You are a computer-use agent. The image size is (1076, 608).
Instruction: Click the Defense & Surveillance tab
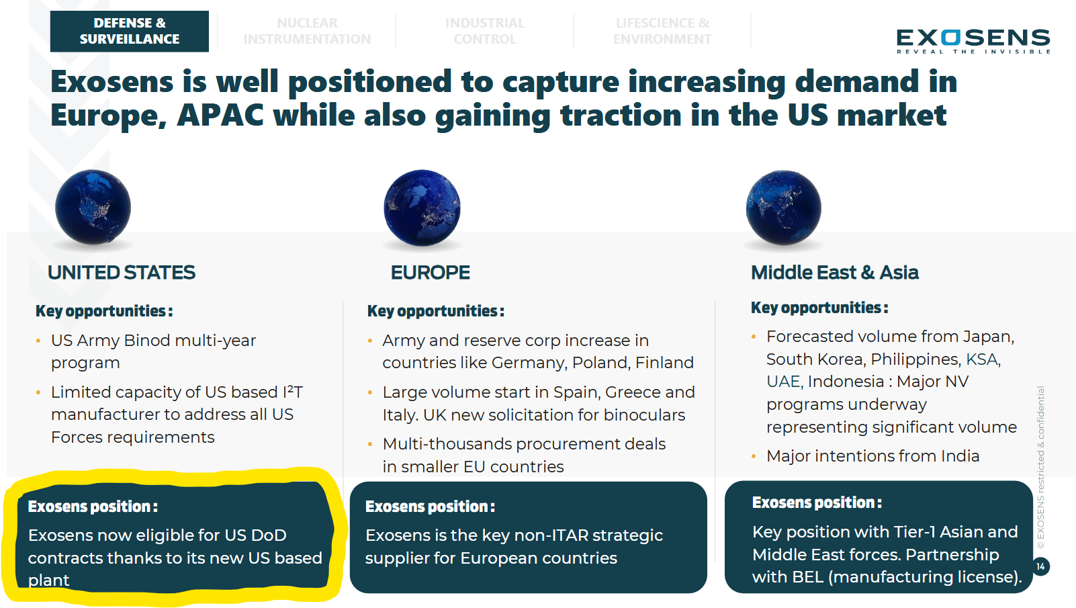click(x=129, y=32)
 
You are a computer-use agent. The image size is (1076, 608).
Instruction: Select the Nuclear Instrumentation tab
click(x=307, y=32)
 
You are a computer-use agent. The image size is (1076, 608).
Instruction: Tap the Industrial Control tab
click(x=484, y=32)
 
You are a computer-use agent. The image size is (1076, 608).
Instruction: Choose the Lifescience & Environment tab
click(x=662, y=32)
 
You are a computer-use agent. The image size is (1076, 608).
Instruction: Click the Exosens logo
click(x=973, y=41)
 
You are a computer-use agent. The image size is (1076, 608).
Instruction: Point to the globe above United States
click(x=93, y=207)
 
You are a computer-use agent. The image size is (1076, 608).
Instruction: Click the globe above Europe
click(x=422, y=207)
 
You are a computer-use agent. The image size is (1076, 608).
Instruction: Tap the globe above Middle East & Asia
click(x=783, y=207)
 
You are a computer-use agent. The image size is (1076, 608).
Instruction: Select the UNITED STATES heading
click(x=122, y=273)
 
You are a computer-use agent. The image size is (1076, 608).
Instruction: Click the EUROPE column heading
click(x=430, y=273)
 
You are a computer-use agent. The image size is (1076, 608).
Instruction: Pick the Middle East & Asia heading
click(x=834, y=273)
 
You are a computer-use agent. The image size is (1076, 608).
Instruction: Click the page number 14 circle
click(x=1040, y=566)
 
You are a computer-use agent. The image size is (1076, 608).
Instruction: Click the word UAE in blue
click(x=783, y=382)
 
